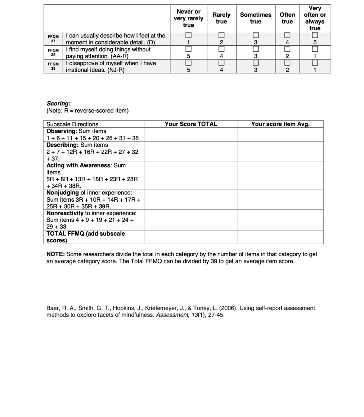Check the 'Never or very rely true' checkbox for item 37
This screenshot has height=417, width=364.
coord(188,35)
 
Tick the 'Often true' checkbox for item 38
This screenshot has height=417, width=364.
coord(287,49)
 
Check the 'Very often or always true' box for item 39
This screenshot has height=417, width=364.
coord(315,63)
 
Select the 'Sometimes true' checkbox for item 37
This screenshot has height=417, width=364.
coord(256,35)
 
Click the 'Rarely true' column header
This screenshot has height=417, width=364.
coord(221,18)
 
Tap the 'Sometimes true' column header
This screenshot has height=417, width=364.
coord(256,18)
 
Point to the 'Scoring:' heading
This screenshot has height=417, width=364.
coord(59,104)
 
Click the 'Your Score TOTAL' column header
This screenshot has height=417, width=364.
coord(191,124)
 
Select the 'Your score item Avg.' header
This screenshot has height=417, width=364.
coord(280,124)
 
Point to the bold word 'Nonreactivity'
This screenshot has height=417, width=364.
coord(65,213)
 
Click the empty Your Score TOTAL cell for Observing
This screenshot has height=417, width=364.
coord(191,135)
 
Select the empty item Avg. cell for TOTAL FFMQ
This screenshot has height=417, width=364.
coord(280,237)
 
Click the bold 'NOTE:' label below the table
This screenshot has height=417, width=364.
coord(55,254)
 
